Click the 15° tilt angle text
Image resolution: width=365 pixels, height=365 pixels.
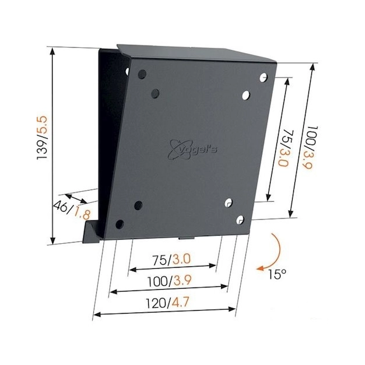276,273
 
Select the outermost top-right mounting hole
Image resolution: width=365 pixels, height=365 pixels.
263,76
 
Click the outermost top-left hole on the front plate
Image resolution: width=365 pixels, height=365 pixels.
141,74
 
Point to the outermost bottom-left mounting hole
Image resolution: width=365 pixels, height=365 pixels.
120,224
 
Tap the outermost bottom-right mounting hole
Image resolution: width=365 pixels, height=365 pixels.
240,219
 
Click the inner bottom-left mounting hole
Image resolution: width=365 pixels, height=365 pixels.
138,205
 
